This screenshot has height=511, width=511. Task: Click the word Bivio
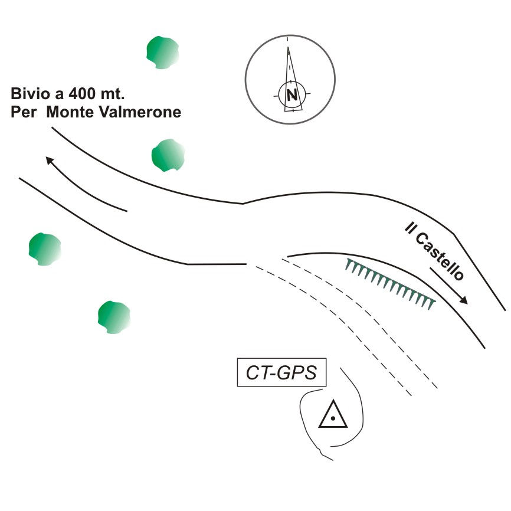[x=30, y=94]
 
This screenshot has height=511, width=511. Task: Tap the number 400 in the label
[x=83, y=94]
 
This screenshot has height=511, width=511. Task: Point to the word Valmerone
[x=140, y=112]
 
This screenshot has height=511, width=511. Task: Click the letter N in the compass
[x=292, y=95]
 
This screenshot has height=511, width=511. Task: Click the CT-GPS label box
[x=281, y=372]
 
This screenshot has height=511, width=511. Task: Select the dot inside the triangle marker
[x=332, y=418]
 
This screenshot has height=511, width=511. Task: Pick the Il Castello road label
[x=434, y=251]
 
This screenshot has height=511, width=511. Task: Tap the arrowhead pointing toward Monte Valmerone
[x=49, y=160]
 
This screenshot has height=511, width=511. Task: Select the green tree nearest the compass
[x=163, y=53]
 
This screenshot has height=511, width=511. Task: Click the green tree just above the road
[x=168, y=155]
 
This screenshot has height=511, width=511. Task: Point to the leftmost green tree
[x=45, y=249]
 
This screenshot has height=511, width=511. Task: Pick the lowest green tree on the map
[x=114, y=317]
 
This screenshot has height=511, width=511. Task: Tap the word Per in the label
[x=24, y=112]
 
